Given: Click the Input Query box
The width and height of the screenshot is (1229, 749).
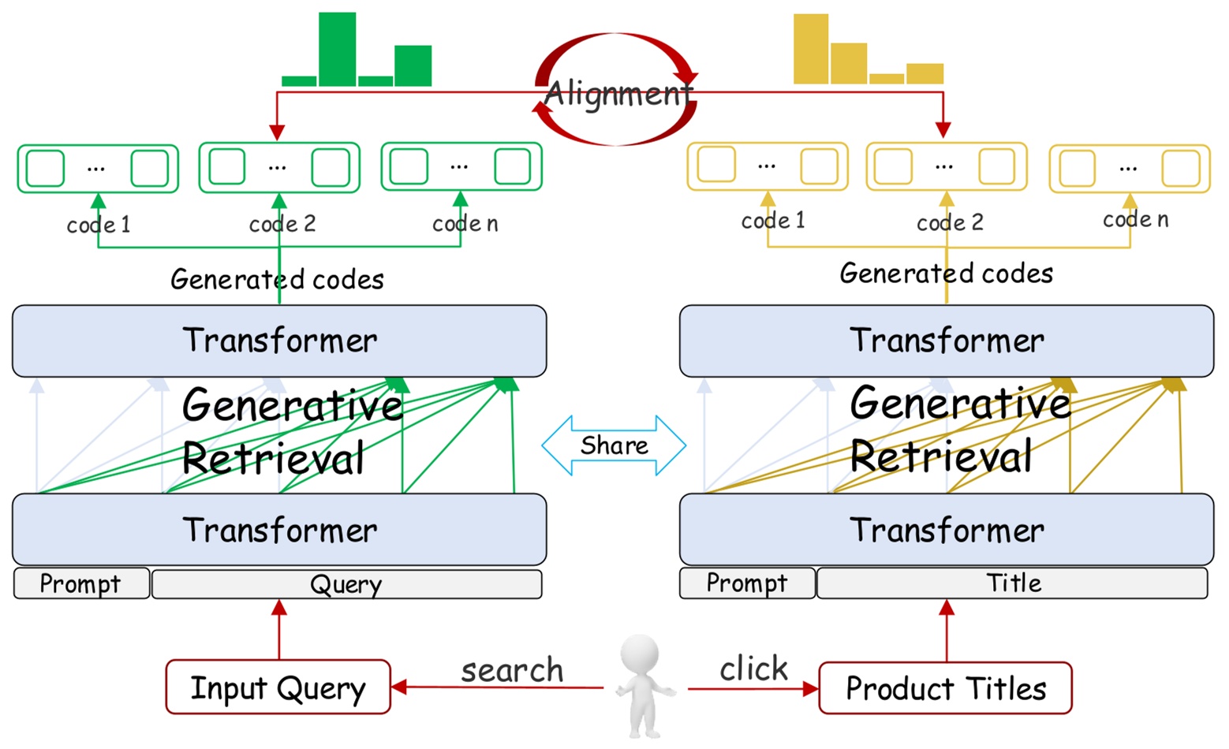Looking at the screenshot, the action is pos(278,687).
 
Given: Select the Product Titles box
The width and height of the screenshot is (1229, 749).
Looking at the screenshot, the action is pos(945,688).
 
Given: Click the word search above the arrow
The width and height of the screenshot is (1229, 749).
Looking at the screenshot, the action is pos(512,670).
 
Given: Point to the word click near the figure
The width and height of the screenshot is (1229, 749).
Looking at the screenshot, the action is pos(753,668).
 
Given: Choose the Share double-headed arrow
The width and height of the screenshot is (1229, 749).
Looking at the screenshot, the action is pos(614,445).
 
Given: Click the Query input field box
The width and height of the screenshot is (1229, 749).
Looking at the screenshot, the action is pos(347,584).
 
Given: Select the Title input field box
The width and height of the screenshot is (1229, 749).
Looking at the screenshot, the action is pos(1012,583).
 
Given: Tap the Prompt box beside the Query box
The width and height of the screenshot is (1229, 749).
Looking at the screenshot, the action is pos(81,584).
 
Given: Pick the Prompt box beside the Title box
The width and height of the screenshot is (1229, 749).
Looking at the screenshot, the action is pos(747,583).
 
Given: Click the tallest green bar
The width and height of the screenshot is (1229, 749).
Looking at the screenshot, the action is pos(337,50).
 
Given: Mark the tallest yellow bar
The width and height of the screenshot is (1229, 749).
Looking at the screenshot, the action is pos(811,49).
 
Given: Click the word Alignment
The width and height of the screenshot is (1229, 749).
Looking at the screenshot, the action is pos(618,93).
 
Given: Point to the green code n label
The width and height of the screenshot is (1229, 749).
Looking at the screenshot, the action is pos(465,224).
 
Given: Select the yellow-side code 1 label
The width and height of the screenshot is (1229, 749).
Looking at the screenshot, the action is pos(773,221).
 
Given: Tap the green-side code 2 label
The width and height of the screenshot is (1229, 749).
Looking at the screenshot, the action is pos(282,224).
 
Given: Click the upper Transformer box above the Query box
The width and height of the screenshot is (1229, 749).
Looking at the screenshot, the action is pos(279,341).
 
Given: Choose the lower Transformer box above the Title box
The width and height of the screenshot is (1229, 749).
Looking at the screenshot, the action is pos(947,530).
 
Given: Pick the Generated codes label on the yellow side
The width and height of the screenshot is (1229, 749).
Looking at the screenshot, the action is pos(947,273).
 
